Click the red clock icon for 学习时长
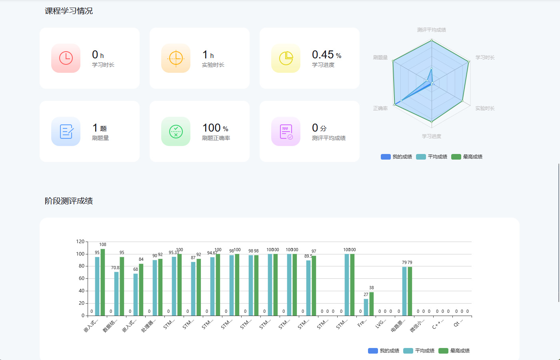[x=66, y=58]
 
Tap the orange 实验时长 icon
[x=176, y=58]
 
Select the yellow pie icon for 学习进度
[x=286, y=58]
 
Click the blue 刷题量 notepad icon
[x=66, y=131]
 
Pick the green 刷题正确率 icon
[x=176, y=131]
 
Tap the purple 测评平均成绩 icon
[x=286, y=131]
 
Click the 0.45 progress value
[x=322, y=54]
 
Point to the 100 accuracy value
[x=212, y=128]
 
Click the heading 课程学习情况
[x=69, y=11]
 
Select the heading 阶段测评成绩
[x=69, y=201]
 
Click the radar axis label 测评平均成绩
[x=431, y=30]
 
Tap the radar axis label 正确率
[x=380, y=108]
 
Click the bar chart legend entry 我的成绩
[x=384, y=351]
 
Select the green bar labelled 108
[x=103, y=282]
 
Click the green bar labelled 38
[x=372, y=304]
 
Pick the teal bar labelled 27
[x=366, y=307]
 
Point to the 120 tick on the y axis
[x=80, y=242]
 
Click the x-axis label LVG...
[x=380, y=323]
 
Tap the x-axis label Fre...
[x=362, y=323]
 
